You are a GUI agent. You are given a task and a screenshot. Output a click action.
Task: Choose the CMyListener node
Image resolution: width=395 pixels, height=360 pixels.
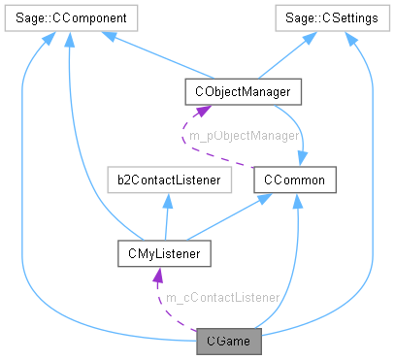pos(155,255)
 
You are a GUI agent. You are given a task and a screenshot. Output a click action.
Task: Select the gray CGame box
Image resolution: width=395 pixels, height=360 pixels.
pos(227,341)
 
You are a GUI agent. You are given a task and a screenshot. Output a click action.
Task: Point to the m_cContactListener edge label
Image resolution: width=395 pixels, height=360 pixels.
pos(222,297)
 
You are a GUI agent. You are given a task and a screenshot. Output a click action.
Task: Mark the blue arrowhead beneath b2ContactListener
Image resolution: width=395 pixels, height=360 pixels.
pos(169,198)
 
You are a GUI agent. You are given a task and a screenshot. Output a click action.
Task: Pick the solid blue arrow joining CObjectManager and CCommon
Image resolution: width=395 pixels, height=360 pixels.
pos(303,131)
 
